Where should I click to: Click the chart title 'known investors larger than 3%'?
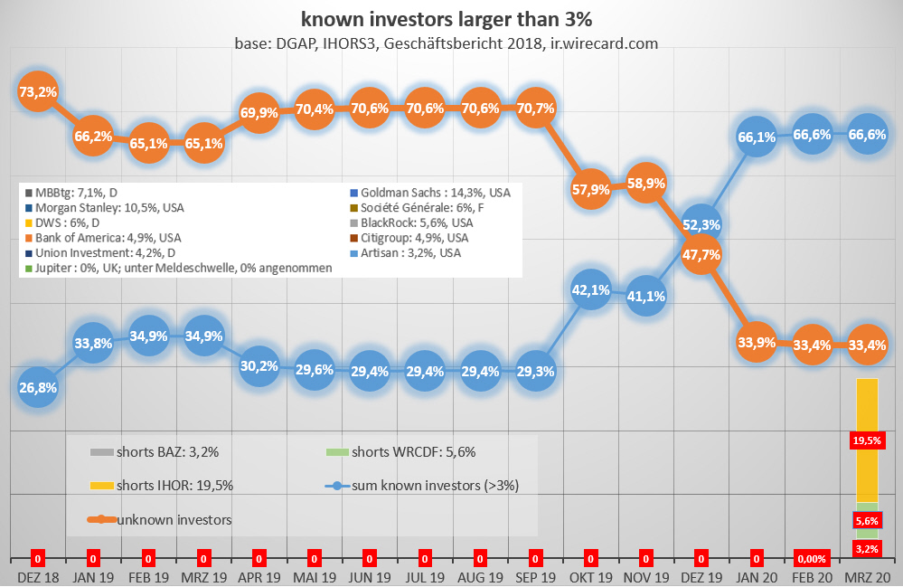point(451,18)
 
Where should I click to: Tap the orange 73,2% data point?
point(40,91)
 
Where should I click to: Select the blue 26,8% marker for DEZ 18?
point(40,388)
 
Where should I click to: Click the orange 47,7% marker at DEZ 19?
point(701,255)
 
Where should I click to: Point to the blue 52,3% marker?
point(701,224)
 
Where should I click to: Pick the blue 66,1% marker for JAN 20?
point(757,137)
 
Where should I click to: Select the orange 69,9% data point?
point(260,113)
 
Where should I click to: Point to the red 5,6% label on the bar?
point(867,521)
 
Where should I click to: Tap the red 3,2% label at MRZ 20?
point(867,548)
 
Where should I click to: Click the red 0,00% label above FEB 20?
point(812,559)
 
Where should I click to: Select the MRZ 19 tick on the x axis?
point(205,576)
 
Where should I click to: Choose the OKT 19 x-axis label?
point(591,576)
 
